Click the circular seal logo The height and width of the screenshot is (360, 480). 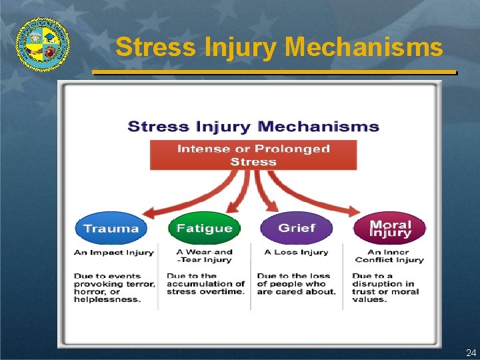[43, 43]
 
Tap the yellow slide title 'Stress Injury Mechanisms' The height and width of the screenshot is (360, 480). [279, 47]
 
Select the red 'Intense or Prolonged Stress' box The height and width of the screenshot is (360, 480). [253, 155]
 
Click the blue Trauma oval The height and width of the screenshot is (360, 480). [111, 229]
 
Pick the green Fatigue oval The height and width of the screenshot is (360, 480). [204, 229]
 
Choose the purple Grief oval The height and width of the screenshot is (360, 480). [297, 229]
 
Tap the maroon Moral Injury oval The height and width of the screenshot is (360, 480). [390, 229]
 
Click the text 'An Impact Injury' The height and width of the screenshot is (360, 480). [113, 253]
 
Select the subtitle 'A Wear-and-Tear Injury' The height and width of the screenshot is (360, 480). [204, 256]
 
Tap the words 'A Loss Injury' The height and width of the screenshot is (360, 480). [296, 253]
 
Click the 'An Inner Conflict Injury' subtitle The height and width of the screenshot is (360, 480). [389, 256]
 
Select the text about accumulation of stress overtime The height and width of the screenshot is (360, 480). [205, 284]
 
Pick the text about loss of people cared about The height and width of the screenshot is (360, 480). [296, 284]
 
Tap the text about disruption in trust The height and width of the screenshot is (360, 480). [385, 287]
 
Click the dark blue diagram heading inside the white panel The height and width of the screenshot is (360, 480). [253, 127]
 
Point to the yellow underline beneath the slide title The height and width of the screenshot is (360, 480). [273, 71]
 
